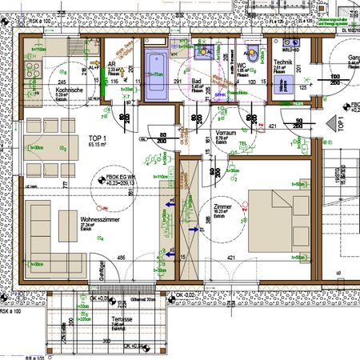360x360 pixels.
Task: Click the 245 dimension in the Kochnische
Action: click(x=38, y=82)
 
